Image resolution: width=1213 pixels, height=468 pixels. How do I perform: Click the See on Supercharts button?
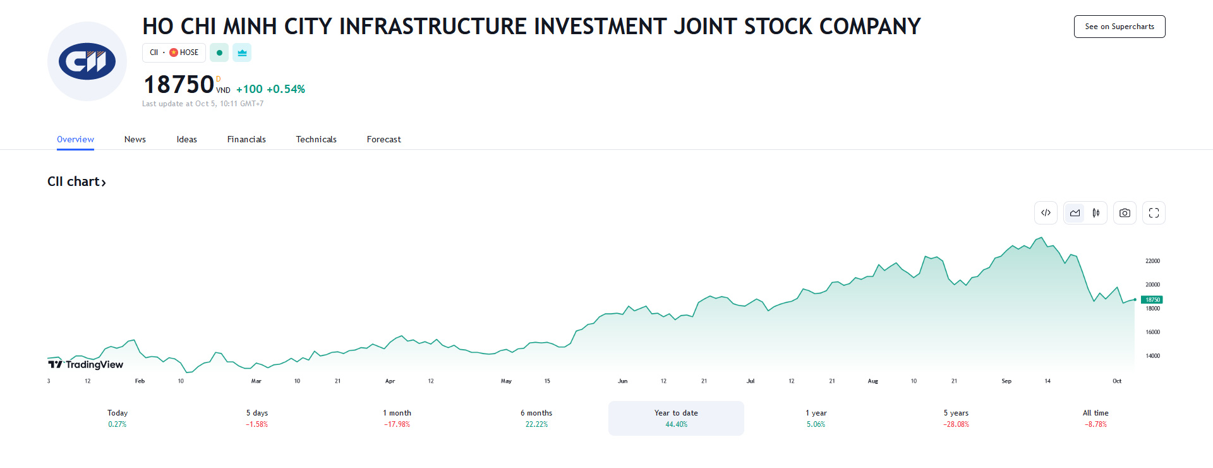[x=1119, y=27]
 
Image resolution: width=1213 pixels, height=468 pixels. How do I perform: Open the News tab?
[x=135, y=139]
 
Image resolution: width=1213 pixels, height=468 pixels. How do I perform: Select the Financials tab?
[x=246, y=139]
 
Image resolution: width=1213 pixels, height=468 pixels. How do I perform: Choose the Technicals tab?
[x=316, y=139]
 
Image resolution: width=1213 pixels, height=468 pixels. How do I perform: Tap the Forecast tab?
[x=383, y=139]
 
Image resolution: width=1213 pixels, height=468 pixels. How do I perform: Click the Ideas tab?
[x=186, y=139]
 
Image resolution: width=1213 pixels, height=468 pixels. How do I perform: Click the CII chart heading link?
[x=76, y=182]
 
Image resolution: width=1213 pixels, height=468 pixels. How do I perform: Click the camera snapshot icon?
[x=1125, y=213]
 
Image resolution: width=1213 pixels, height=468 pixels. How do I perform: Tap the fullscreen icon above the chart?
[x=1154, y=213]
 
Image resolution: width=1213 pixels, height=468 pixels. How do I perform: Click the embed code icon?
[x=1046, y=213]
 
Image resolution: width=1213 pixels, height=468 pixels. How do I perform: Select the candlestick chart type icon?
[x=1096, y=213]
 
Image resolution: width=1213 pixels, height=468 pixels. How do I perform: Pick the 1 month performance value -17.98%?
[x=397, y=424]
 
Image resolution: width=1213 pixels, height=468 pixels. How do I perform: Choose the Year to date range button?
[x=676, y=418]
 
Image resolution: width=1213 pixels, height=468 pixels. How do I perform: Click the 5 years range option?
[x=956, y=418]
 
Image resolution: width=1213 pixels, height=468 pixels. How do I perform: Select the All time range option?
[x=1095, y=418]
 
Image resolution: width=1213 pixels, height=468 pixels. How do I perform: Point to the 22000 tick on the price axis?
[x=1152, y=261]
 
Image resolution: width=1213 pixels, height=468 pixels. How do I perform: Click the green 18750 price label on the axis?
[x=1152, y=300]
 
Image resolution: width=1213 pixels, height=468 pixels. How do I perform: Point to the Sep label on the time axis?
[x=1006, y=381]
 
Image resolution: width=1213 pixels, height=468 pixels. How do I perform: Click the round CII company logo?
[x=87, y=61]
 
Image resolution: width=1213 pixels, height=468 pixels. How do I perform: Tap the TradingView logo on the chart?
[x=86, y=364]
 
